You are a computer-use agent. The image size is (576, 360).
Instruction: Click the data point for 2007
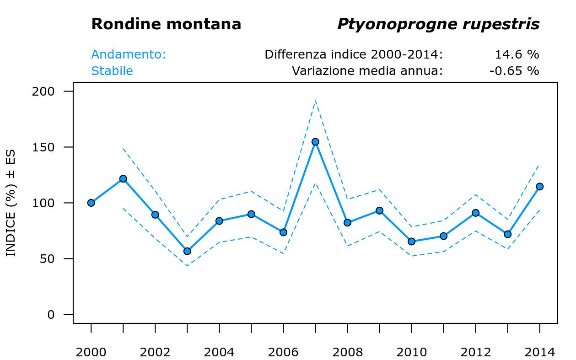coord(315,142)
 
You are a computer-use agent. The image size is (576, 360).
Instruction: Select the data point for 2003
coord(187,251)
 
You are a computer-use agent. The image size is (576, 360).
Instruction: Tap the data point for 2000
coord(91,203)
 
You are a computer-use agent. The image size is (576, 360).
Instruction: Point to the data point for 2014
coord(539,187)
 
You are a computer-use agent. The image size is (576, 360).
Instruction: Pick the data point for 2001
coord(123,179)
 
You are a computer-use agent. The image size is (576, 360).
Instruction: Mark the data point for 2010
coord(411,242)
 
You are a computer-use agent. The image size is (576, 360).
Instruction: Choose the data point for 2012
coord(475,213)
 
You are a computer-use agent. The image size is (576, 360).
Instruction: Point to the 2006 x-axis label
coord(283,352)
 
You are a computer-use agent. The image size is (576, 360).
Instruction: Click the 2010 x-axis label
coord(411,352)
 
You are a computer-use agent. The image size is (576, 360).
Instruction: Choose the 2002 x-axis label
coord(155,352)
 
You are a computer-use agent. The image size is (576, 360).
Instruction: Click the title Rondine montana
coord(166,24)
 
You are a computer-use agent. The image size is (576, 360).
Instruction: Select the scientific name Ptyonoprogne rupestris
coord(438,25)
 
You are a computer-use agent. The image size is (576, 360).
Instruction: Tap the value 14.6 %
coord(517,54)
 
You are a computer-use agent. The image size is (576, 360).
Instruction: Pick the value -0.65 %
coord(514,71)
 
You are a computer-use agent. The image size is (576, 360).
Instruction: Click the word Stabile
coord(112,71)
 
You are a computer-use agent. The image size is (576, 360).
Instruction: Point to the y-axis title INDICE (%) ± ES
coord(11,203)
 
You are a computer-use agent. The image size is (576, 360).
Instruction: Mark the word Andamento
coord(129,54)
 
